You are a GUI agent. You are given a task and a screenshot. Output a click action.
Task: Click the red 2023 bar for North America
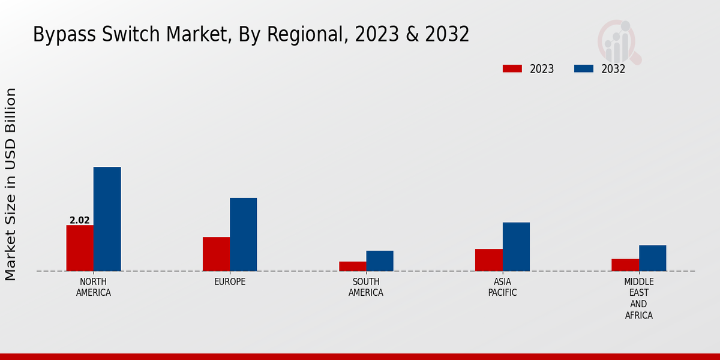click(x=80, y=248)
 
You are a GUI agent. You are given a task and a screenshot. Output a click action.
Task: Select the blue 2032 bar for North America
click(x=107, y=219)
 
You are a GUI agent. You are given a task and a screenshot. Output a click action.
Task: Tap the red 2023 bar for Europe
click(x=216, y=254)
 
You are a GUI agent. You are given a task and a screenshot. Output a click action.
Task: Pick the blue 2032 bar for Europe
click(x=243, y=235)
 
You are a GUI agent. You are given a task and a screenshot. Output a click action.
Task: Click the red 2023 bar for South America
click(x=352, y=266)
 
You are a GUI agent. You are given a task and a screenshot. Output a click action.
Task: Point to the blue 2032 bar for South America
click(x=380, y=260)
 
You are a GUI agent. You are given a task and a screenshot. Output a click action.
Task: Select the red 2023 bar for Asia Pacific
click(x=488, y=260)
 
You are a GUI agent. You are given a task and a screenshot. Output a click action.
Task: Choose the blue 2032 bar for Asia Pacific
click(x=516, y=247)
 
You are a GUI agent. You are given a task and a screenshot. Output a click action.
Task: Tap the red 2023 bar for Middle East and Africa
click(x=625, y=265)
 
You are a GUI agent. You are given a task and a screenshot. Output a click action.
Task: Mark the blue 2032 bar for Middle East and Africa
click(x=652, y=258)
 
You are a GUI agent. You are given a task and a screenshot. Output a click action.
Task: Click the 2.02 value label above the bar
click(x=80, y=220)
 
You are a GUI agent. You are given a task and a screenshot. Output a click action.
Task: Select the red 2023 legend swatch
click(x=512, y=68)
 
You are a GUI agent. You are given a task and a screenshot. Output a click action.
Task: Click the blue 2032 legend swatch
click(x=583, y=68)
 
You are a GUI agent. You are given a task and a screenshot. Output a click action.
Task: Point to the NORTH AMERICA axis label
click(x=94, y=287)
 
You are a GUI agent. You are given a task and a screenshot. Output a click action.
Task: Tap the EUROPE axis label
click(x=230, y=281)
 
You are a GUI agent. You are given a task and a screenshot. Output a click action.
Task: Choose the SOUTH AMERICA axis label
click(x=366, y=287)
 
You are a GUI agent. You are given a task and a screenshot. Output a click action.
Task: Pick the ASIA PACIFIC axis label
click(x=502, y=287)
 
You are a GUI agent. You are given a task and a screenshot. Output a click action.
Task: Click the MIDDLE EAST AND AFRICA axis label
click(x=639, y=298)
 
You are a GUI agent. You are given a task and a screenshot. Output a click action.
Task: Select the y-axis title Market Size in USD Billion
click(x=11, y=184)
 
